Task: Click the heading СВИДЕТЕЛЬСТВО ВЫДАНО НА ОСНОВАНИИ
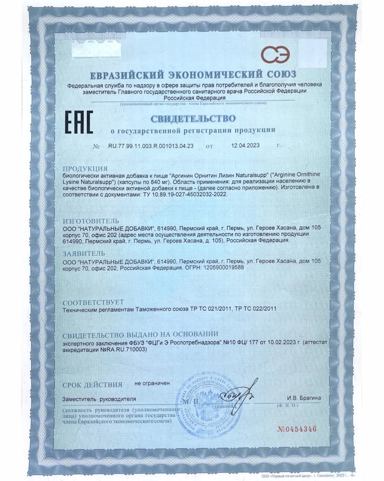point(141,334)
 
